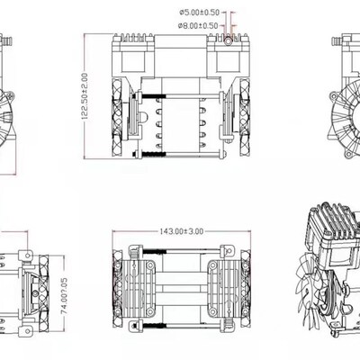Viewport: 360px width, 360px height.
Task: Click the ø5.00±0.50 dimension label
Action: pos(200,13)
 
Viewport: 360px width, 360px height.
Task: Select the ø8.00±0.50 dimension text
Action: pos(198,25)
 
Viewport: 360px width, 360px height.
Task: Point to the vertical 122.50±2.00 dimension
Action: pos(85,96)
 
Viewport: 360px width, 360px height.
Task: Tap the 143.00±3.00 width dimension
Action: pos(181,231)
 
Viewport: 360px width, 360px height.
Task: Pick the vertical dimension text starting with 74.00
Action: pos(65,296)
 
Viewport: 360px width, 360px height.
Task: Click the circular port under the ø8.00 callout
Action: pos(228,40)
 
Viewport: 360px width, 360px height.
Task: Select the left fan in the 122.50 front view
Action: pos(117,118)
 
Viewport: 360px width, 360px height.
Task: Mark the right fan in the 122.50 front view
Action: pos(245,118)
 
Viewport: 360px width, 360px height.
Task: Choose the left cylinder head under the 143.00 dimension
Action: pos(138,289)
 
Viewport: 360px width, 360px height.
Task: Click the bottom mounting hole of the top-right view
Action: pos(348,154)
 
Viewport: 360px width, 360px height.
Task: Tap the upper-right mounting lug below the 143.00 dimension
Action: pos(227,250)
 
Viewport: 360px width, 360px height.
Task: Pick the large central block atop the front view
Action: pos(181,56)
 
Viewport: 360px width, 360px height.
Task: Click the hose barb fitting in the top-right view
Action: pos(337,40)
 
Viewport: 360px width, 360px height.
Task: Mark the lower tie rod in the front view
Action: pos(179,155)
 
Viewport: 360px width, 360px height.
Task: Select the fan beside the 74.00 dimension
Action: pos(44,293)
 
